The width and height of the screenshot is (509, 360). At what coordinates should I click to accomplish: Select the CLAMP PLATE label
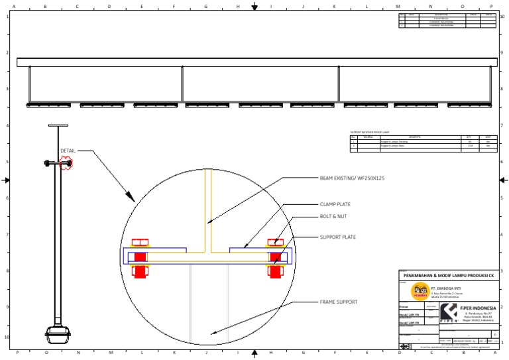pyautogui.click(x=335, y=204)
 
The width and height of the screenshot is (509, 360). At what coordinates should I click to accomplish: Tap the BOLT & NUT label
pyautogui.click(x=333, y=216)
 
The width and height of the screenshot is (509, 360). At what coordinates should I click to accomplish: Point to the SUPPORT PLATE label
pyautogui.click(x=338, y=237)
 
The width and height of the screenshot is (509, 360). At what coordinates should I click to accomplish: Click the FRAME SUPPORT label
pyautogui.click(x=338, y=302)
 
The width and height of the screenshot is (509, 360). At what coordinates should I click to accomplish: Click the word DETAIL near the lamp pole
pyautogui.click(x=68, y=150)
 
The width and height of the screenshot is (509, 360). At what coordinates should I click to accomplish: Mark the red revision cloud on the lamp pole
pyautogui.click(x=66, y=163)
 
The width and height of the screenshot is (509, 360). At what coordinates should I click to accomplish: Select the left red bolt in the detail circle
pyautogui.click(x=140, y=256)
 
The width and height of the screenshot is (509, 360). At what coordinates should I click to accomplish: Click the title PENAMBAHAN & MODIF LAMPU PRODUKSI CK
pyautogui.click(x=447, y=274)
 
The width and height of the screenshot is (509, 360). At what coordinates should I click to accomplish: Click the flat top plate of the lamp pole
pyautogui.click(x=58, y=125)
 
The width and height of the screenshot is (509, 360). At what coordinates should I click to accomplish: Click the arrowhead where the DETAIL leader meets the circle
pyautogui.click(x=133, y=199)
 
